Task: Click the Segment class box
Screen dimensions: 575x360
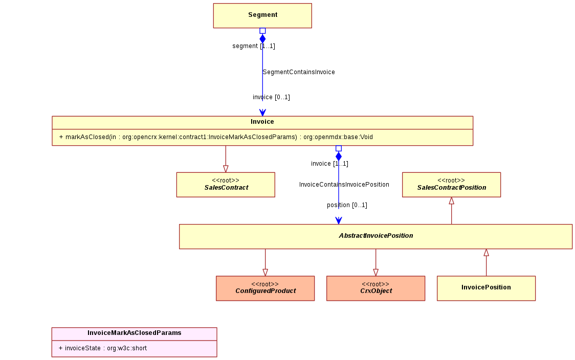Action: (x=262, y=16)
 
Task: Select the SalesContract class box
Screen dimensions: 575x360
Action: (x=226, y=185)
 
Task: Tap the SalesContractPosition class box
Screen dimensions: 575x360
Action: (x=451, y=185)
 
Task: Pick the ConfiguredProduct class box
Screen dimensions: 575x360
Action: (x=265, y=288)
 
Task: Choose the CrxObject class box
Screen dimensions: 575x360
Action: (x=376, y=288)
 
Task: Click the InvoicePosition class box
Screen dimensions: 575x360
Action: (x=486, y=288)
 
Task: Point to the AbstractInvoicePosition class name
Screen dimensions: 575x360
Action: (x=376, y=236)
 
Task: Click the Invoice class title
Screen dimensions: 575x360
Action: (x=262, y=122)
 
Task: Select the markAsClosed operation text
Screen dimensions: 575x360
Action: (x=216, y=137)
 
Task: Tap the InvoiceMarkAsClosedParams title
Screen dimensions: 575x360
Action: (x=134, y=333)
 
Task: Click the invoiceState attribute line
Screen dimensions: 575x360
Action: (x=103, y=348)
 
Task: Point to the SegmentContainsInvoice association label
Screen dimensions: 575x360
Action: (x=299, y=72)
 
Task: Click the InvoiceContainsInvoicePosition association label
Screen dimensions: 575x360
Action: (x=344, y=185)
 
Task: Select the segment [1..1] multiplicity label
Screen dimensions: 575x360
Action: (x=254, y=46)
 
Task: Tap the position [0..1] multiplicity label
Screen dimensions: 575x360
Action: (x=347, y=205)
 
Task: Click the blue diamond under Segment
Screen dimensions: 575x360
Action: (x=262, y=39)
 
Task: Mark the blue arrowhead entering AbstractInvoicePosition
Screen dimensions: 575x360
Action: (x=339, y=220)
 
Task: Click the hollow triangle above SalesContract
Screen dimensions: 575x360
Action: (x=226, y=169)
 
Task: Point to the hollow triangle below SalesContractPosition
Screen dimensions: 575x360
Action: (x=451, y=201)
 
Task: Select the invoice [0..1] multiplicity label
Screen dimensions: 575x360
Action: (x=271, y=98)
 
